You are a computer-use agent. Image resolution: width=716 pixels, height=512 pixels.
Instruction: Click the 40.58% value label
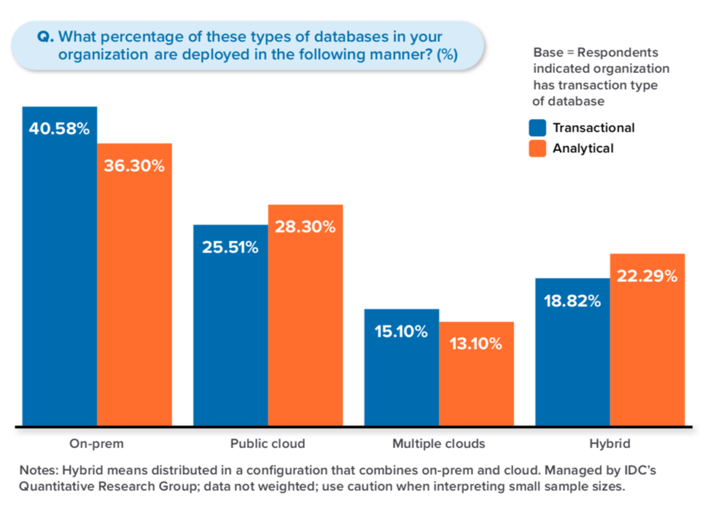click(59, 129)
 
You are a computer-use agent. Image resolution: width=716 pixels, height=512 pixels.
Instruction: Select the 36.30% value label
click(134, 166)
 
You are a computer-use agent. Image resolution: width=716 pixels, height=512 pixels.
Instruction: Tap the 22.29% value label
click(647, 276)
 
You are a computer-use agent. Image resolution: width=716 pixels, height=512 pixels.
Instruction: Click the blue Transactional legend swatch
click(537, 128)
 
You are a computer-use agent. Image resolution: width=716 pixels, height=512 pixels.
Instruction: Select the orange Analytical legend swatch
click(537, 148)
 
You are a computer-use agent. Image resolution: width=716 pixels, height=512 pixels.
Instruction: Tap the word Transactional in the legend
click(593, 128)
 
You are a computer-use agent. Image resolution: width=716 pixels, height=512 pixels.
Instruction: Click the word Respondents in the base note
click(618, 52)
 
